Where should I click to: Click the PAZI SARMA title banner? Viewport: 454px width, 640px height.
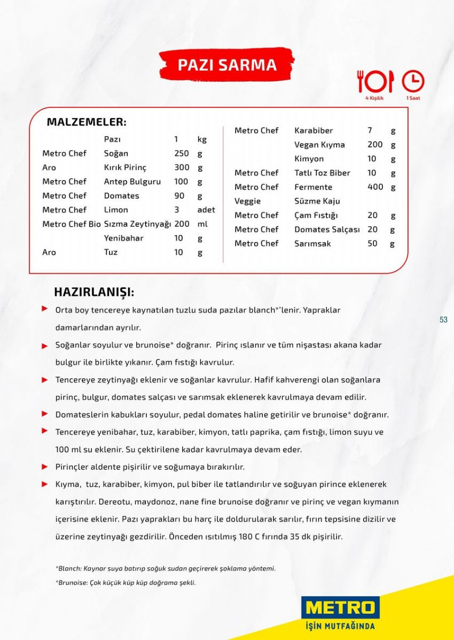point(227,65)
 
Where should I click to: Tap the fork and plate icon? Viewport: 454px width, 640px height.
point(375,81)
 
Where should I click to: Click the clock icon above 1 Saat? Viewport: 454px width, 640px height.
point(413,81)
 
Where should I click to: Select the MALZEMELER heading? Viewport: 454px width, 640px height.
point(87,122)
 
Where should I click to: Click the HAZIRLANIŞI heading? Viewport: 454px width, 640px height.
point(94,292)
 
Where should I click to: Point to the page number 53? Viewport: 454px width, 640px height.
point(443,320)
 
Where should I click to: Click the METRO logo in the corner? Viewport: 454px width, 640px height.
point(340,608)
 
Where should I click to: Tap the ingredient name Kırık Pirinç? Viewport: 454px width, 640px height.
point(125,167)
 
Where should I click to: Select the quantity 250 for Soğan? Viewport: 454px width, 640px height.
point(182,153)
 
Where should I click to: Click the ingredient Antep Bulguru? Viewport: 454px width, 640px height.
point(132,182)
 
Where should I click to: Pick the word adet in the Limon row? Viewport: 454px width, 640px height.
point(206,210)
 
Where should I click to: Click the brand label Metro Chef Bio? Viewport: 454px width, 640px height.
point(72,224)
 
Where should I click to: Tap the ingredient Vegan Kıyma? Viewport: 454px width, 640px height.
point(319,145)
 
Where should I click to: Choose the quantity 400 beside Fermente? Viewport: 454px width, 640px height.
point(375,187)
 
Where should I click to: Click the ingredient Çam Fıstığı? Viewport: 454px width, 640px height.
point(316,215)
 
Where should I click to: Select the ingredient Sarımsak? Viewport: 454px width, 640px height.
point(312,244)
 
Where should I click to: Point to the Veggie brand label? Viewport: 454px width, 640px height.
point(247,201)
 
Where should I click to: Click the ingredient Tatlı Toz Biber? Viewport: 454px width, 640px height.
point(322,173)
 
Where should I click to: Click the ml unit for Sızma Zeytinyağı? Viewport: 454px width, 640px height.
point(202,224)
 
